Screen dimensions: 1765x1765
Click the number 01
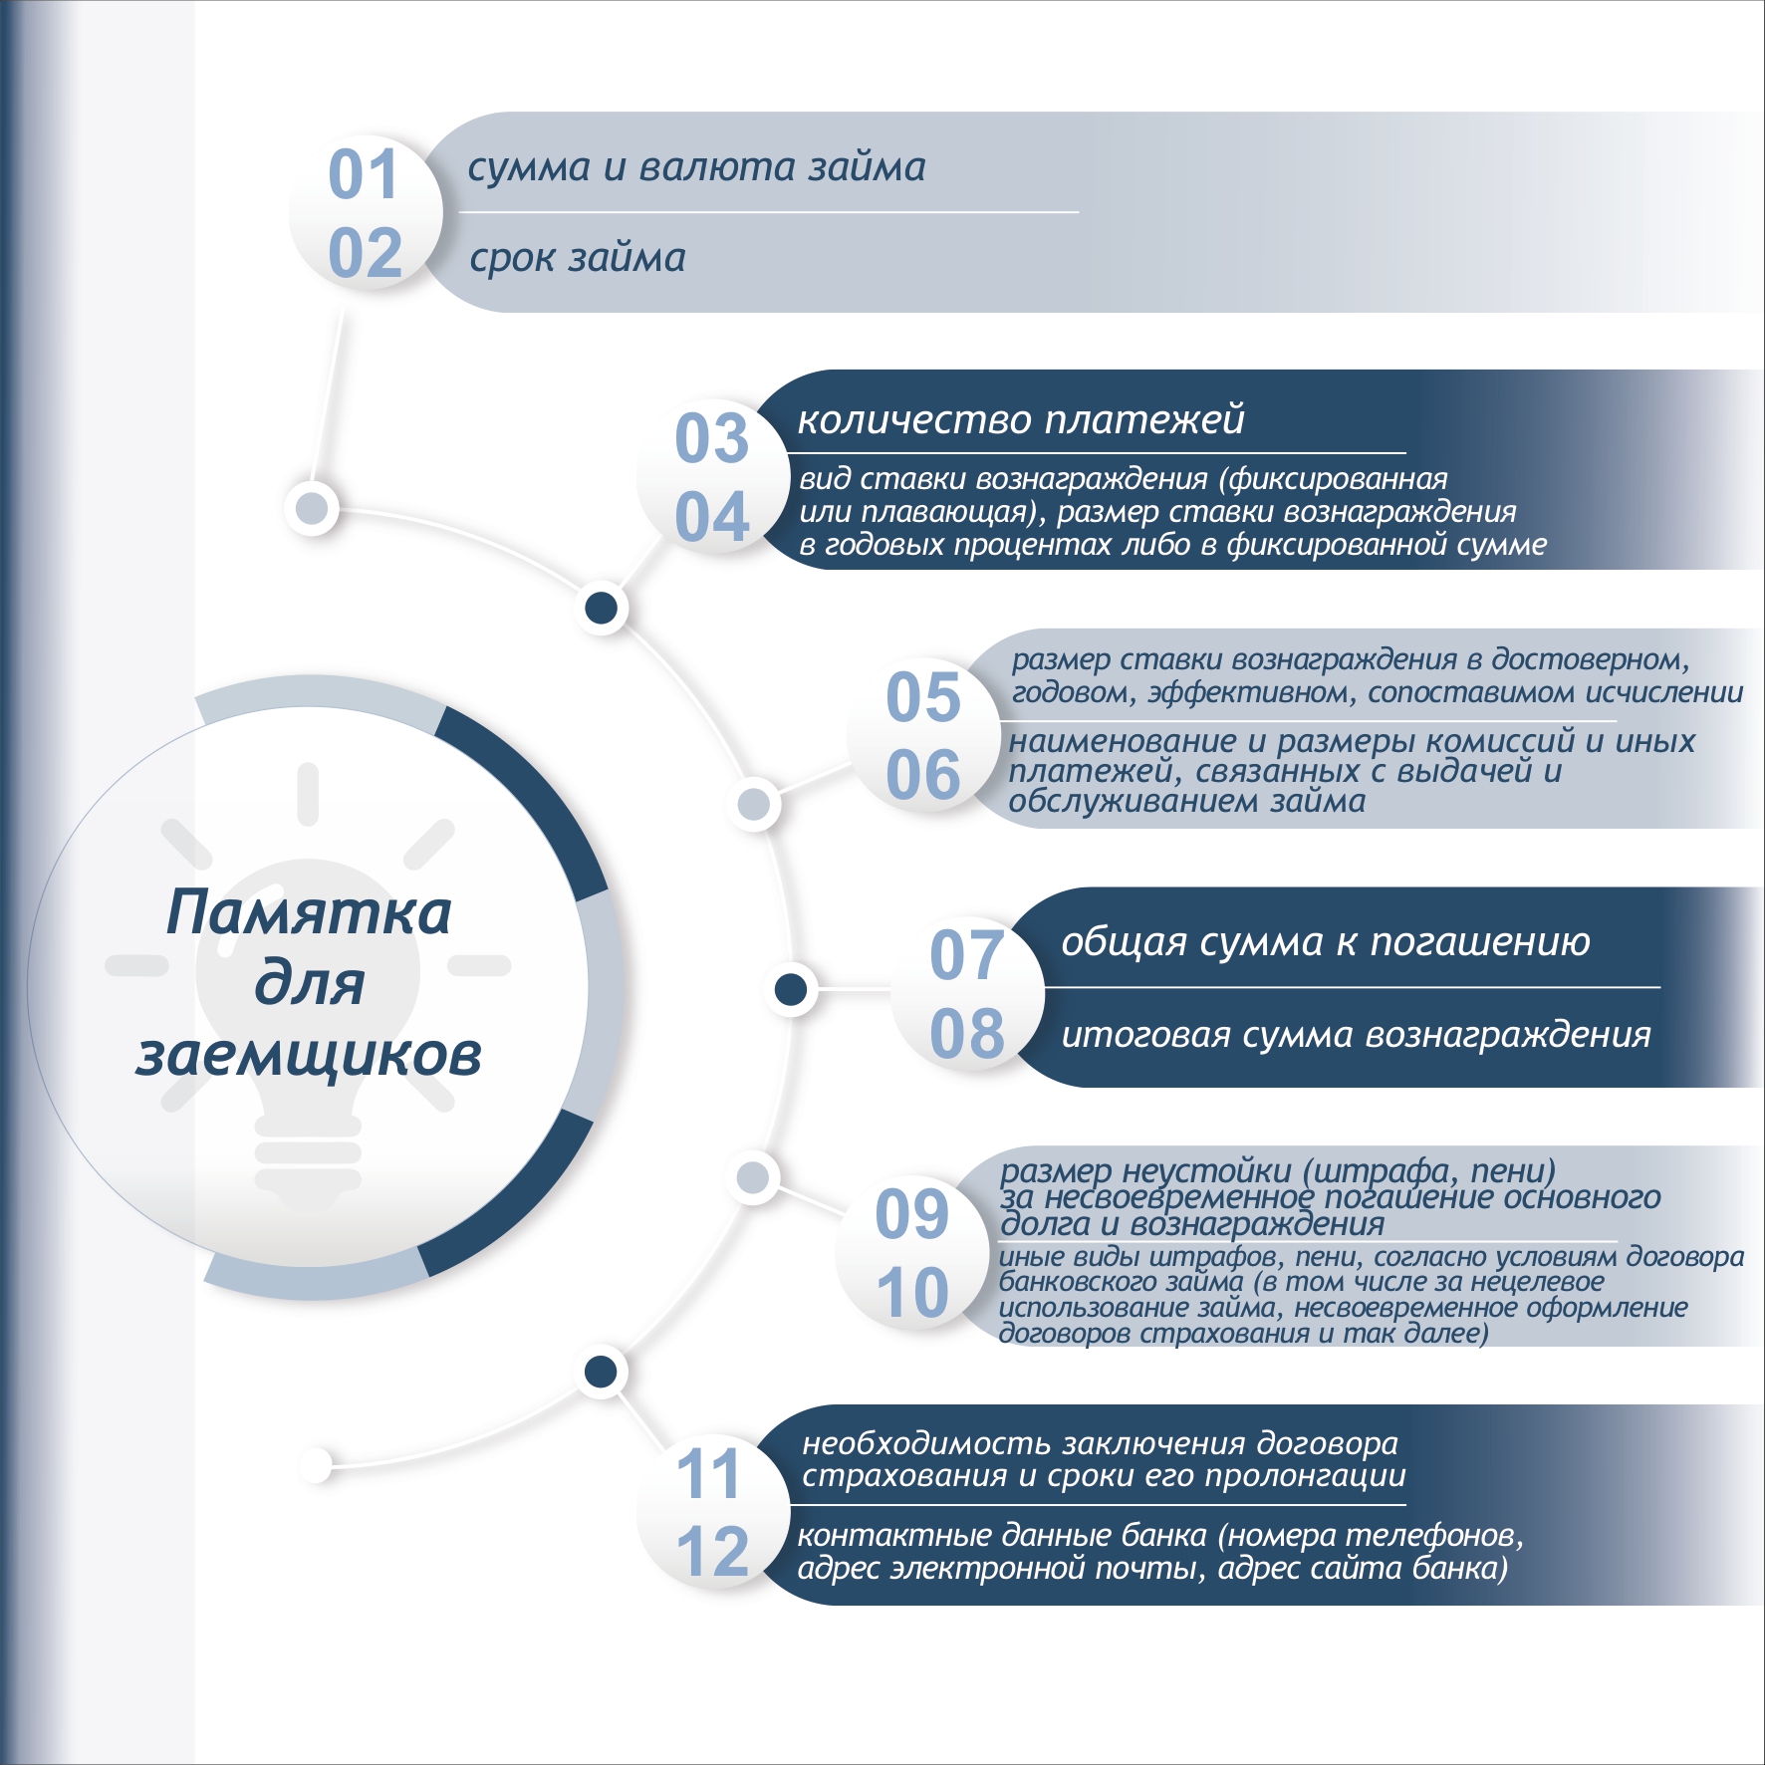(364, 174)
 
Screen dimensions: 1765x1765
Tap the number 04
(712, 517)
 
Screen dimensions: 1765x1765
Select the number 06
(923, 775)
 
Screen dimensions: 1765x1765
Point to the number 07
(966, 954)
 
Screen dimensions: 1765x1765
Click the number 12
(712, 1551)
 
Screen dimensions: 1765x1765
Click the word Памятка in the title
(309, 912)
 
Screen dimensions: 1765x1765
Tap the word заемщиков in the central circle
(309, 1056)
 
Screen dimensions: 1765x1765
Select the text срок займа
(578, 258)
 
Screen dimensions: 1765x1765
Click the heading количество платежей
(1021, 419)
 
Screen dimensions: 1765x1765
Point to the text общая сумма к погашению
(1326, 941)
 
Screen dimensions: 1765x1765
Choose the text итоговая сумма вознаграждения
(1356, 1035)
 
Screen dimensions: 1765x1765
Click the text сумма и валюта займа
(697, 167)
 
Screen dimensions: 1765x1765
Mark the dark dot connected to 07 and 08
(791, 989)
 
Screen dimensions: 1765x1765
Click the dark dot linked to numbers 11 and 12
(601, 1372)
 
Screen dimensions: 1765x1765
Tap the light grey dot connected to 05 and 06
(754, 804)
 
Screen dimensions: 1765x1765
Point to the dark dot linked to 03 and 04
(601, 607)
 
